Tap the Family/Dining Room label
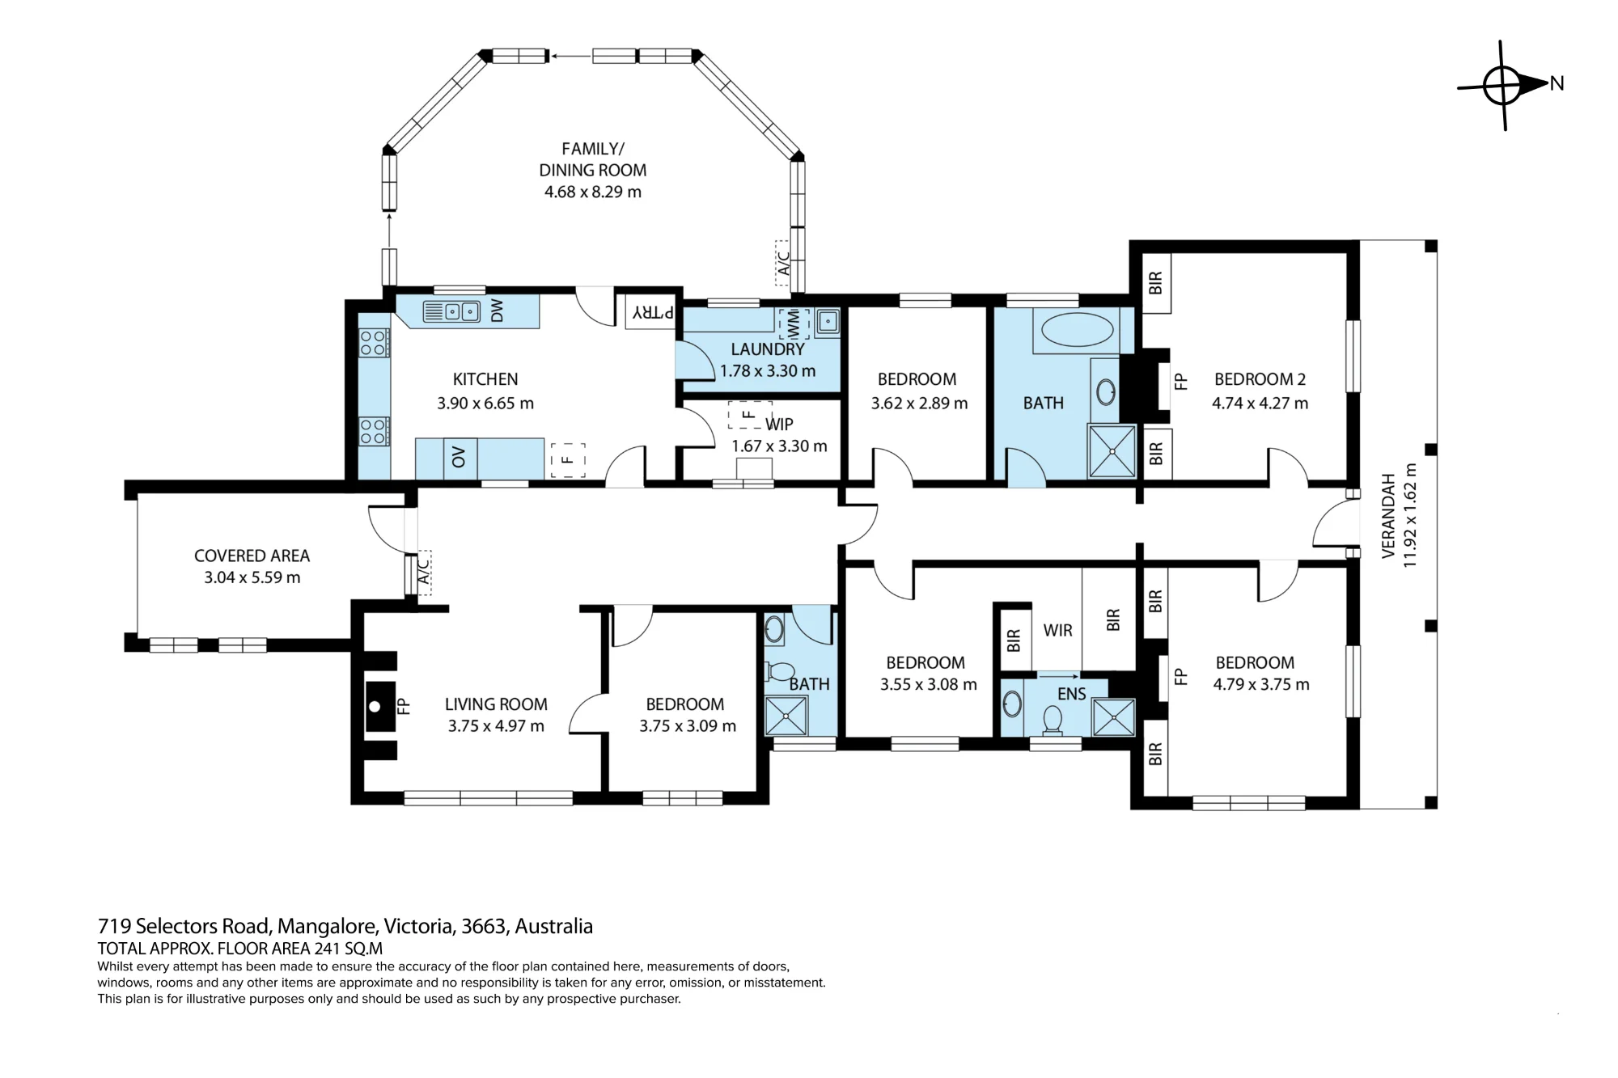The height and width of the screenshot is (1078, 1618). pos(593,159)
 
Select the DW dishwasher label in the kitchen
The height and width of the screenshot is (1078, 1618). pos(498,311)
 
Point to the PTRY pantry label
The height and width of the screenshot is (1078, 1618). pos(653,312)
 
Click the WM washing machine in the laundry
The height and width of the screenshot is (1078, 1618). pos(794,323)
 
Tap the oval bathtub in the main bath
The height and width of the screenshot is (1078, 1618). pos(1076,330)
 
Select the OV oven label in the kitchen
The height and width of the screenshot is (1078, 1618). pos(460,459)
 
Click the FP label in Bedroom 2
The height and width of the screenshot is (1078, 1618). pos(1181,380)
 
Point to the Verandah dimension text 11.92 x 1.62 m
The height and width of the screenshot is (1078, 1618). pos(1410,515)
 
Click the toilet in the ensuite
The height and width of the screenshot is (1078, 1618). pos(1053,720)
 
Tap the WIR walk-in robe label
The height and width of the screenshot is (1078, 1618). pos(1057,630)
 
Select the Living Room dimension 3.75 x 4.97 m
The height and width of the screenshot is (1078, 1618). pos(496,726)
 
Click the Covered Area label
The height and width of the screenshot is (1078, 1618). pos(252,556)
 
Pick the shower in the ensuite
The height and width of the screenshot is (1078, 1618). pos(1113,717)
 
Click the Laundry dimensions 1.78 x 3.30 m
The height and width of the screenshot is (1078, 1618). pos(768,371)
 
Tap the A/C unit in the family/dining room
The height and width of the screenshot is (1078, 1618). pos(783,262)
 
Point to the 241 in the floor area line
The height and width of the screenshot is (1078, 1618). pos(326,949)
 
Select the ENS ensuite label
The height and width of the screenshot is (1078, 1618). pos(1071,694)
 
